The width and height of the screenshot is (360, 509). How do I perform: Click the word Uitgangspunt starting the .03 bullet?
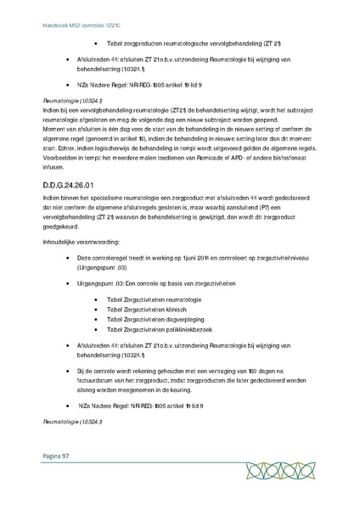click(98, 287)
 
